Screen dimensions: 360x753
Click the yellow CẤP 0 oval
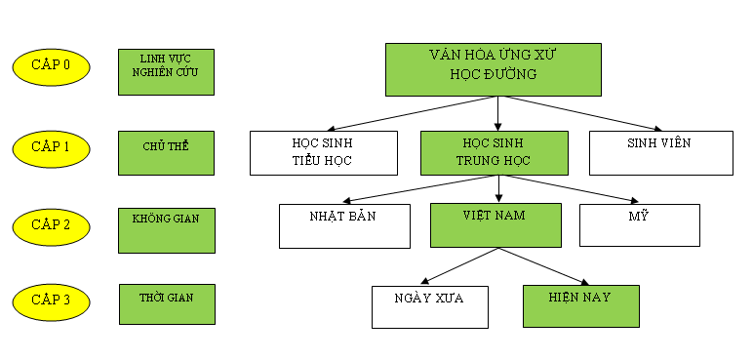click(x=51, y=66)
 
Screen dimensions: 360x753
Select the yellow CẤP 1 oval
click(x=51, y=147)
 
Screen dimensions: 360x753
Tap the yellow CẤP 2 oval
click(x=51, y=225)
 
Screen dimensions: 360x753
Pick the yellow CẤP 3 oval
click(x=51, y=300)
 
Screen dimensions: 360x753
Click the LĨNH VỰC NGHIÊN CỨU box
click(x=166, y=71)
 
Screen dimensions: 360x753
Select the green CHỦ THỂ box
click(x=166, y=152)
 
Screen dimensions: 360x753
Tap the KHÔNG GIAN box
click(x=166, y=229)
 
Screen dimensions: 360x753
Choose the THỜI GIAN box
click(x=166, y=303)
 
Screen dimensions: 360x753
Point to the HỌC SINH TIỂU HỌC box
click(x=323, y=153)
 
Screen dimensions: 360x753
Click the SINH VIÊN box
click(x=661, y=153)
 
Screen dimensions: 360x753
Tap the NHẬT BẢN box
click(x=341, y=225)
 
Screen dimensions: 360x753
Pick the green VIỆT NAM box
click(x=495, y=224)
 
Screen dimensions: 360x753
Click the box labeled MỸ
click(x=640, y=224)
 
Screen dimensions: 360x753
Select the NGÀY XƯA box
click(x=429, y=306)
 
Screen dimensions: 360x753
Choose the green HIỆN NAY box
click(x=581, y=305)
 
